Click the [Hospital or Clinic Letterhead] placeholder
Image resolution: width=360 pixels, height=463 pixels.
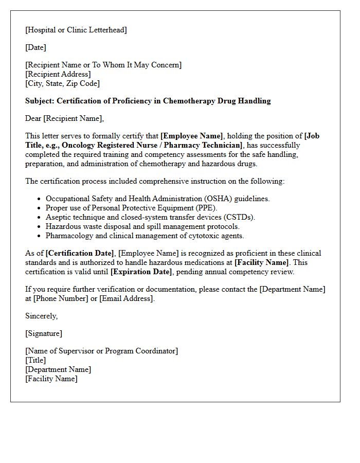(76, 30)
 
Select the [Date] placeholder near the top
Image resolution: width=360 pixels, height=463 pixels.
(35, 47)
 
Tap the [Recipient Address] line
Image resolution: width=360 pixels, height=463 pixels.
(58, 74)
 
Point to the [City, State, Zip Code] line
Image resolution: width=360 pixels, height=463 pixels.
(62, 83)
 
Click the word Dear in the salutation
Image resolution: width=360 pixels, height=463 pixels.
(33, 118)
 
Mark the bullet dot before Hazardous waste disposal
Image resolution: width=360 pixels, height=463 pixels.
(39, 226)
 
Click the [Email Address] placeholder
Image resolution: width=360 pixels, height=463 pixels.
(127, 298)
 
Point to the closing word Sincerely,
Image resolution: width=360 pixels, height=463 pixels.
(42, 316)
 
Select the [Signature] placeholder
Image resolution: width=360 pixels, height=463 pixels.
(44, 333)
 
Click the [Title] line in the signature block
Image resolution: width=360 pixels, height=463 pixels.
(35, 360)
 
